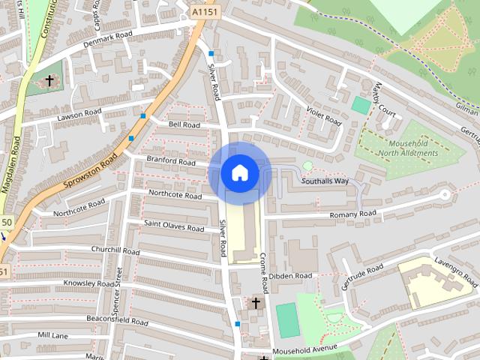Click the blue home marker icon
point(239,173)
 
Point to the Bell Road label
point(184,124)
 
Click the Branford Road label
point(171,161)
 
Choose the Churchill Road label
point(115,250)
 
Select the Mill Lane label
point(53,335)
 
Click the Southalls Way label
point(325,181)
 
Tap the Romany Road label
point(352,214)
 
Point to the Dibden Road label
point(290,276)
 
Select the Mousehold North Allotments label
point(403,148)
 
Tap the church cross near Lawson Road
point(50,80)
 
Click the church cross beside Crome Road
point(256,303)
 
